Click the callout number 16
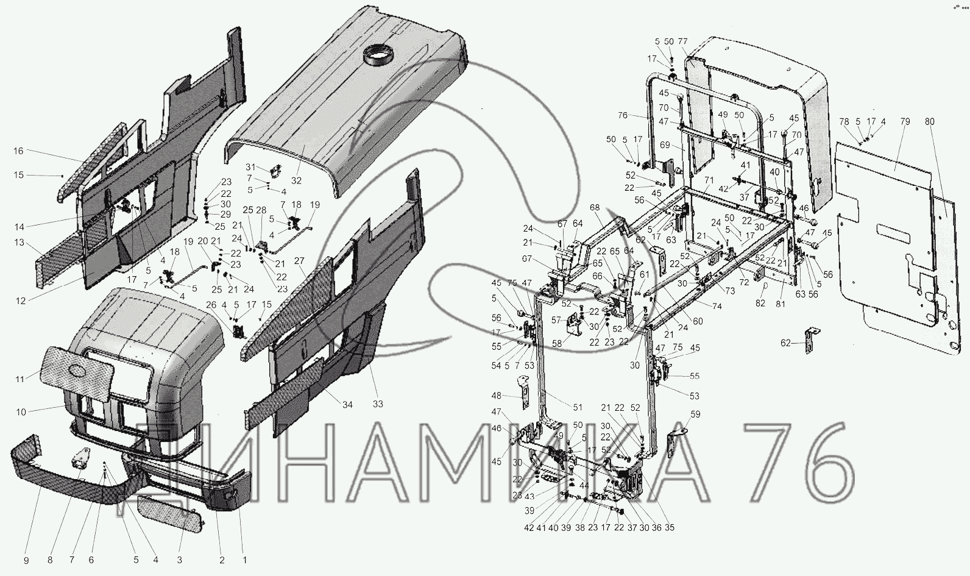(x=18, y=151)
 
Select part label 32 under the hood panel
(x=297, y=181)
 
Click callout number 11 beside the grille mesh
(x=19, y=379)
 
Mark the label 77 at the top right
(x=682, y=41)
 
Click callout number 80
(x=930, y=121)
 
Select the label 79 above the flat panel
(x=905, y=121)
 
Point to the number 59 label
(x=695, y=414)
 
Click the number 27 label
(x=299, y=260)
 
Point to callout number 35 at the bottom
(x=670, y=527)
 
